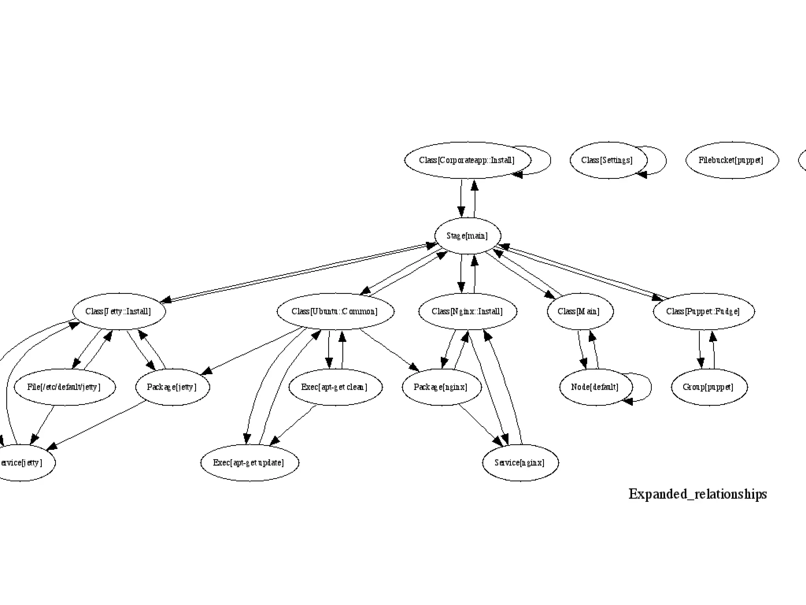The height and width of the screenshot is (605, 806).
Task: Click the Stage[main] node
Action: (468, 236)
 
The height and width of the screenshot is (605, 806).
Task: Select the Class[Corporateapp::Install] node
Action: (467, 160)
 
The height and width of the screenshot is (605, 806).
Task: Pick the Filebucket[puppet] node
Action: (732, 160)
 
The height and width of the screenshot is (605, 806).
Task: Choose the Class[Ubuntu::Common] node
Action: (335, 312)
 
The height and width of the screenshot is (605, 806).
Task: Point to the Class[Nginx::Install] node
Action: (468, 312)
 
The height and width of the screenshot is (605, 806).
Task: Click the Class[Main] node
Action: (580, 312)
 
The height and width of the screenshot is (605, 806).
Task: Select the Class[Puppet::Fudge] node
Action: (704, 312)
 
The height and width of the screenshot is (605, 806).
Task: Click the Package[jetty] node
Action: (172, 387)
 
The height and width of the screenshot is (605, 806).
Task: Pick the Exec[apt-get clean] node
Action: (335, 387)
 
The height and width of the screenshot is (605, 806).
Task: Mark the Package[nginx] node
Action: (441, 387)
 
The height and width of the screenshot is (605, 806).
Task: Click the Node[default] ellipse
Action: (595, 387)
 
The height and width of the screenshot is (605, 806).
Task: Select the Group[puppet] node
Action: (709, 387)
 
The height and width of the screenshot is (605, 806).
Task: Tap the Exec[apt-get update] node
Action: (249, 463)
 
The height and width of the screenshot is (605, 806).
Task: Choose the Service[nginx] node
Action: (520, 463)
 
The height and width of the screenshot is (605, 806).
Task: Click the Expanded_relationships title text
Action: (697, 494)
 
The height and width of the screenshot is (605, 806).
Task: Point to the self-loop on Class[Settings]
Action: (665, 160)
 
